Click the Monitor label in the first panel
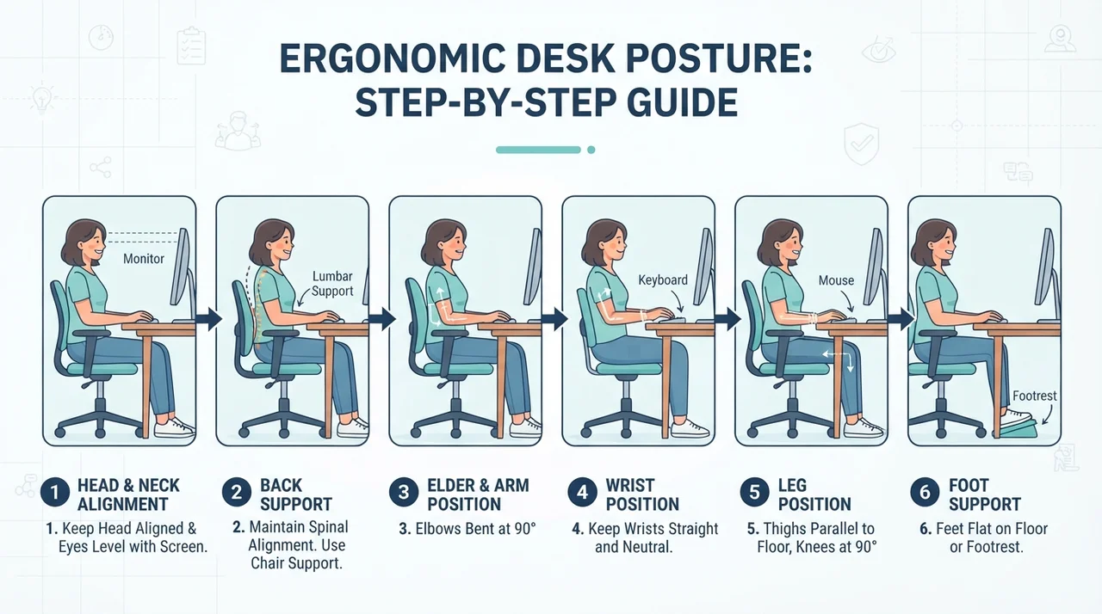(144, 259)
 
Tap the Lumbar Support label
(332, 284)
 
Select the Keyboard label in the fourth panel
(663, 280)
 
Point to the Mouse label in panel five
(836, 280)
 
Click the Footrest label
(1035, 396)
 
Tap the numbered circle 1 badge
(55, 492)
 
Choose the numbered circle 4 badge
(583, 492)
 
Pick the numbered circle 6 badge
(925, 492)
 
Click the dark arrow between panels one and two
(209, 319)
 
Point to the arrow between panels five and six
(901, 319)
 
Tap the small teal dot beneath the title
(591, 150)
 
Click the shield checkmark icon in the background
(862, 144)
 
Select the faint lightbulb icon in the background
(42, 98)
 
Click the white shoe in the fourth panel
(690, 429)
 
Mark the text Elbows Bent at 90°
(467, 529)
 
